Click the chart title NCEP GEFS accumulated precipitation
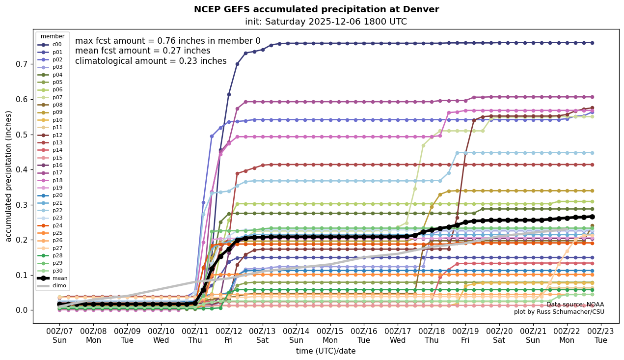316,9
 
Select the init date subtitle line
326,22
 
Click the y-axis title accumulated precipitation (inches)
8,176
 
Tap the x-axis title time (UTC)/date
326,351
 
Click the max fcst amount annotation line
167,41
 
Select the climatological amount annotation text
151,61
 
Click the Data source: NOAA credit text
575,305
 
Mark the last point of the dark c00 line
592,43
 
